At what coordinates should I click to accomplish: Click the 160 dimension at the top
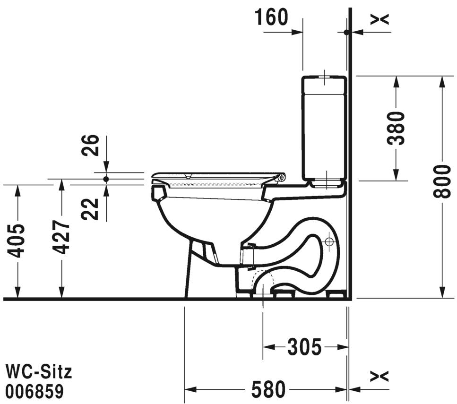[271, 17]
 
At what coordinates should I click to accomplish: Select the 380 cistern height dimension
[396, 128]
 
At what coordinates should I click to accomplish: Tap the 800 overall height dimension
[442, 181]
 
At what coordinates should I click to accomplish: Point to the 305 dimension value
[304, 347]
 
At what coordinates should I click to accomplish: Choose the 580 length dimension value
[268, 389]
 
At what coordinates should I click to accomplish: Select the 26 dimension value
[90, 146]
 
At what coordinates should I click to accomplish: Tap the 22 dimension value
[90, 209]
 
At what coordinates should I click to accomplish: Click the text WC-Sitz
[39, 372]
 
